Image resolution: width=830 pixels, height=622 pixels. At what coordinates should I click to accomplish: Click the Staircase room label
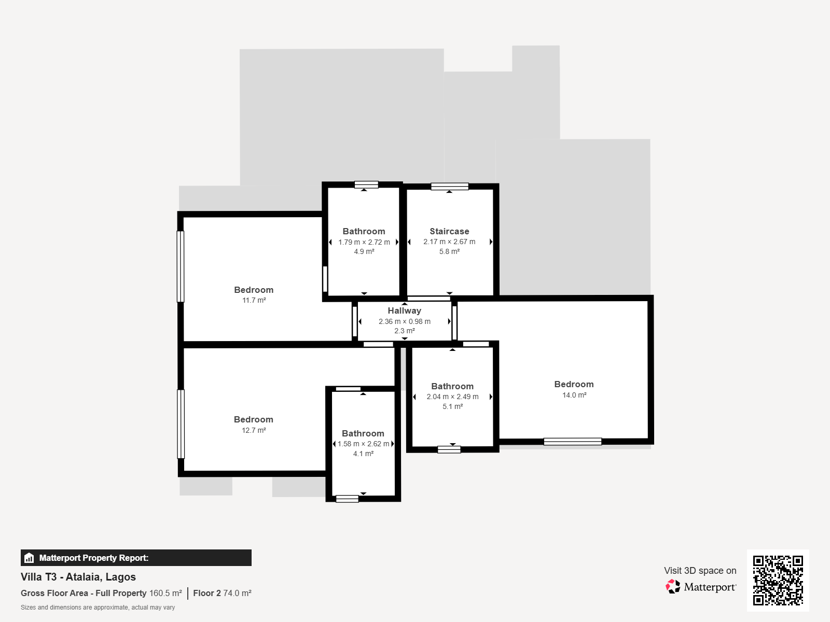[x=449, y=231]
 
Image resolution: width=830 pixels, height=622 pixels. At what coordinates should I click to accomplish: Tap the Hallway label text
[x=404, y=311]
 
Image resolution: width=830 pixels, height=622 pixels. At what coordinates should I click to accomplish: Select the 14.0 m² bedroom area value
[x=574, y=395]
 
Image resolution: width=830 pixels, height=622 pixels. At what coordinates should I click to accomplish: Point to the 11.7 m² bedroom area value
[x=254, y=300]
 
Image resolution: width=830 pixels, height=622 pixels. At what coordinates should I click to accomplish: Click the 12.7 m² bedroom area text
[x=254, y=430]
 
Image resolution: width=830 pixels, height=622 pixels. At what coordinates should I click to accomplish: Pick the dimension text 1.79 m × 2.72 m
[x=364, y=242]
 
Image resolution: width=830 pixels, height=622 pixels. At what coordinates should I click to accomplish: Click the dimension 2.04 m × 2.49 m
[x=452, y=397]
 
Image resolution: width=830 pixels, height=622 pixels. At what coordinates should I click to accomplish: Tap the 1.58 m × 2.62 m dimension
[x=363, y=444]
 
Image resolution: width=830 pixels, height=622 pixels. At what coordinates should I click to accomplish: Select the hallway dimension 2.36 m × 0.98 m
[x=404, y=321]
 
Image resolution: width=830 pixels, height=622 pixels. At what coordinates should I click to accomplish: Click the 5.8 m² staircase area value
[x=449, y=251]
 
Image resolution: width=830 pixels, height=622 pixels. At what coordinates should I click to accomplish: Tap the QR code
[x=778, y=580]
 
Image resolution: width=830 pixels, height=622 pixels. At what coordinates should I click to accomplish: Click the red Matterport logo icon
[x=673, y=587]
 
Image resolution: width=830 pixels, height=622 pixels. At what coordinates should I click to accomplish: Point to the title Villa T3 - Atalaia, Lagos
[x=78, y=577]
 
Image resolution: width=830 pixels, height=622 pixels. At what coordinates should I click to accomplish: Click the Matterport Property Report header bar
[x=136, y=558]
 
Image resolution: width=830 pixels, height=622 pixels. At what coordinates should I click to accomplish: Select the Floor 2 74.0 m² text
[x=223, y=593]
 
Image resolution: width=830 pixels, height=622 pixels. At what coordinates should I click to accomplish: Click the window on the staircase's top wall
[x=450, y=186]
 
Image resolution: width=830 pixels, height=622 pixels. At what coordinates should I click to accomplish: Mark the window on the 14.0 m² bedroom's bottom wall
[x=573, y=442]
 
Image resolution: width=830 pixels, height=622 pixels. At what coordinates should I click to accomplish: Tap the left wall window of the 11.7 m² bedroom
[x=181, y=266]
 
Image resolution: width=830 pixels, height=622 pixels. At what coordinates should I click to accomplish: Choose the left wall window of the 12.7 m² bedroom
[x=181, y=424]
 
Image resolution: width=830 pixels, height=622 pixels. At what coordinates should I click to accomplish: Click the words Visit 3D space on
[x=700, y=571]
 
